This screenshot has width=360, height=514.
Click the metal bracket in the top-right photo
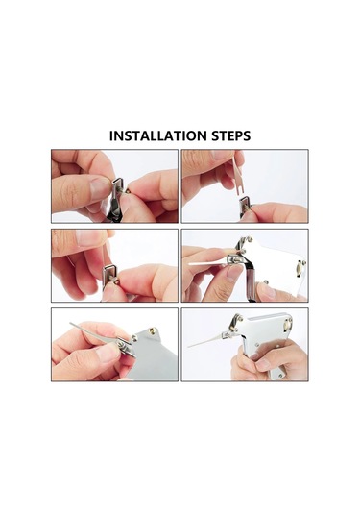(x=247, y=204)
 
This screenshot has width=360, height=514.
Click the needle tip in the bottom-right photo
(x=192, y=347)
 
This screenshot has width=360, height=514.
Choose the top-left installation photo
(x=115, y=185)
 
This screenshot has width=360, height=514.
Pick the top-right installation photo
(x=244, y=185)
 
